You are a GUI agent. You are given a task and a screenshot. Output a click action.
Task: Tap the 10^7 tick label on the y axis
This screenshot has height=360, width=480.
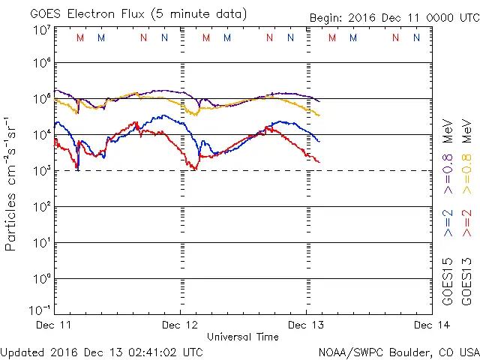click(x=41, y=31)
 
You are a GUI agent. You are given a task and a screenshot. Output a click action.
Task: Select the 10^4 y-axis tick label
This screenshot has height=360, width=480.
click(x=41, y=135)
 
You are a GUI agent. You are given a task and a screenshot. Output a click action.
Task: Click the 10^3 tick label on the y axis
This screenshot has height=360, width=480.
click(x=41, y=171)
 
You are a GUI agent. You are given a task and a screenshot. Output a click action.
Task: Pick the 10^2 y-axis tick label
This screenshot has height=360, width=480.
click(x=41, y=207)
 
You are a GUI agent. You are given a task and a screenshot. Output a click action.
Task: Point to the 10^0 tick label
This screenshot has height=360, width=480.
click(x=41, y=279)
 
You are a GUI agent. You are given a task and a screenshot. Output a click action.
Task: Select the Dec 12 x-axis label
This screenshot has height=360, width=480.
click(x=181, y=325)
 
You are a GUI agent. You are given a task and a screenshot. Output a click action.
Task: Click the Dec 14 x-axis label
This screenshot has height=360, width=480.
click(x=431, y=325)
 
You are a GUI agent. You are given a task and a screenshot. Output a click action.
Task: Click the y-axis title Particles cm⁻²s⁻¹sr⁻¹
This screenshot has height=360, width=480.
click(x=12, y=183)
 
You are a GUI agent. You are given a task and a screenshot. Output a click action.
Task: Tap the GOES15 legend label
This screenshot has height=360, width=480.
click(x=448, y=282)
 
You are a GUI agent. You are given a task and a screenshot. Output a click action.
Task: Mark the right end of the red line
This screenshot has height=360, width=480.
click(x=319, y=162)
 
